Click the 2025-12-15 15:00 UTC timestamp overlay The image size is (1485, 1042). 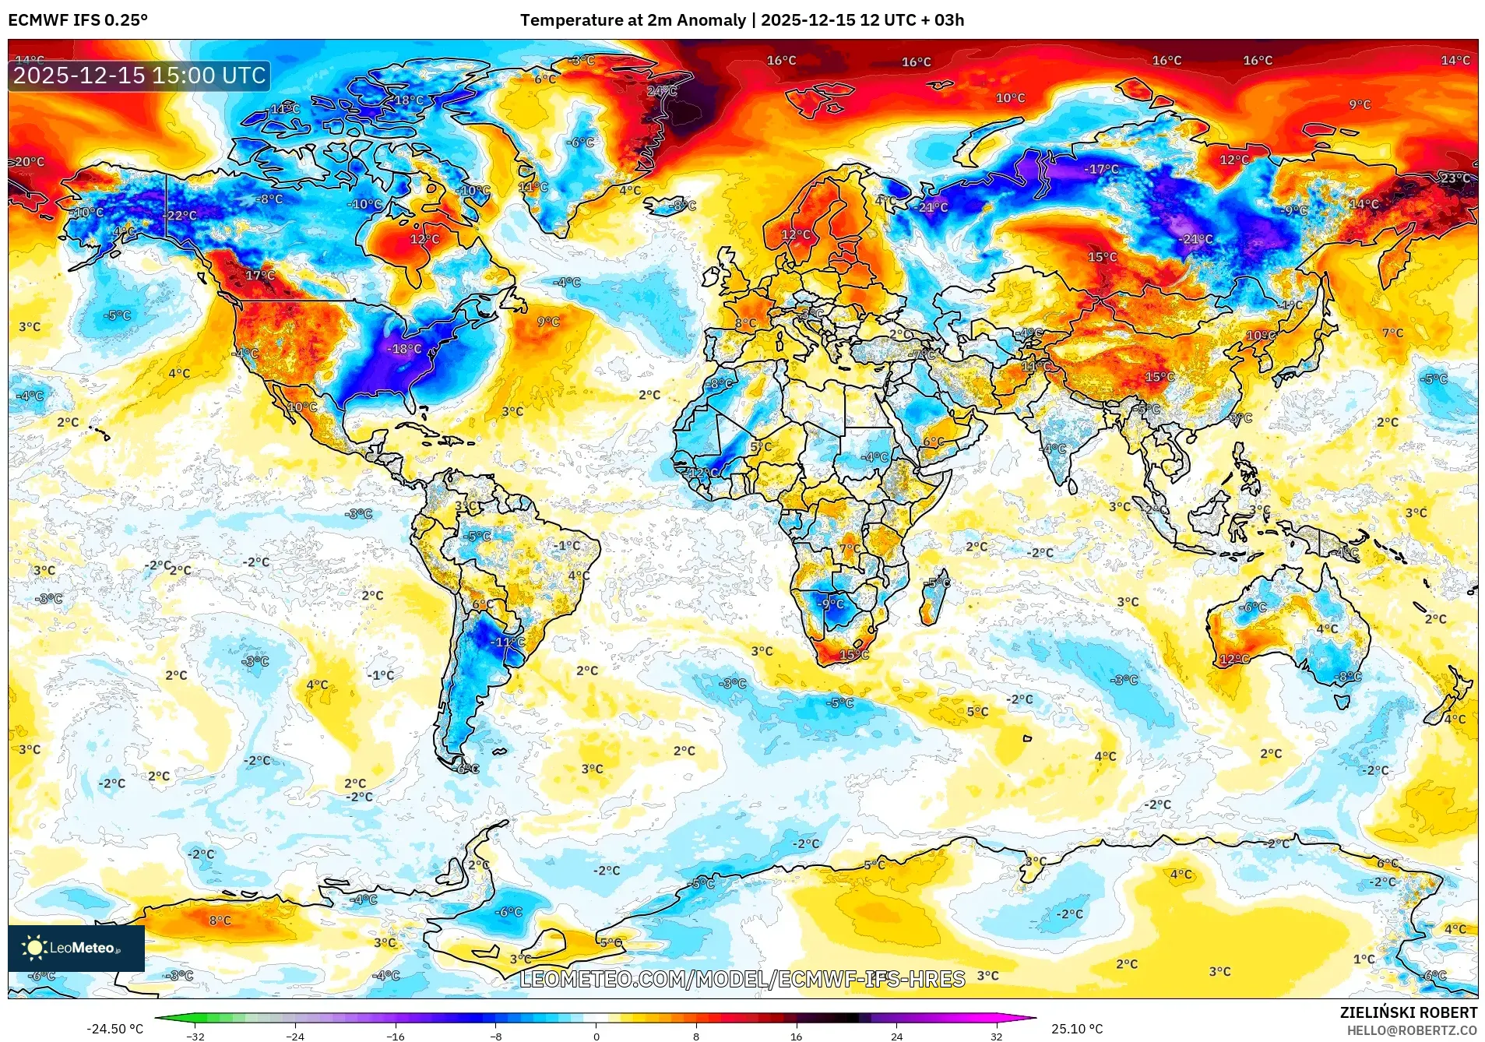(x=140, y=76)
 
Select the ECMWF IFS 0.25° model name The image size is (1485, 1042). (x=78, y=20)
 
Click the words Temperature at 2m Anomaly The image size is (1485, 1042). (x=632, y=20)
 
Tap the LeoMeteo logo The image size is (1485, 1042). (x=76, y=948)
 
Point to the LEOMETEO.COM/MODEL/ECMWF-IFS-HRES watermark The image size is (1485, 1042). (x=742, y=979)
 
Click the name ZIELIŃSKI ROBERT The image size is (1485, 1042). (x=1408, y=1012)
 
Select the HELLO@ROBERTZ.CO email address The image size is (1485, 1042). (x=1412, y=1030)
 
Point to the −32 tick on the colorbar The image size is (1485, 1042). (x=195, y=1036)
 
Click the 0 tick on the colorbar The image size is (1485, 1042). (x=596, y=1036)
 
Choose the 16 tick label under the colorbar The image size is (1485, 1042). (x=796, y=1036)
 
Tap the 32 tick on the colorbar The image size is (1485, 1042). (x=996, y=1036)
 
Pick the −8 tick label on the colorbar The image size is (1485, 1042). (x=496, y=1036)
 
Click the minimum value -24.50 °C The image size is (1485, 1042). (x=114, y=1029)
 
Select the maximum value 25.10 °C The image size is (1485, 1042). (x=1077, y=1029)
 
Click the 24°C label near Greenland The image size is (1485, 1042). (x=662, y=91)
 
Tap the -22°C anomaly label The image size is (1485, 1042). (x=181, y=215)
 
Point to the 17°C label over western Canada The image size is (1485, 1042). (x=260, y=275)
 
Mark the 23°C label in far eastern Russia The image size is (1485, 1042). (x=1455, y=178)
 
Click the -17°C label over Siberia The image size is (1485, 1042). (x=1101, y=169)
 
